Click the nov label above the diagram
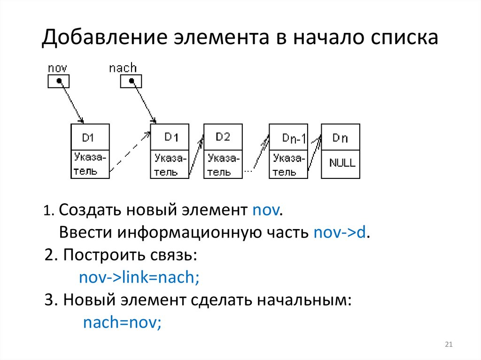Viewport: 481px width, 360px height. click(x=58, y=69)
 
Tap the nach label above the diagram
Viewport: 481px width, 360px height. click(x=123, y=68)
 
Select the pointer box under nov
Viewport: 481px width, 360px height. click(x=59, y=82)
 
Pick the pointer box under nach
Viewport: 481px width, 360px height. click(x=131, y=82)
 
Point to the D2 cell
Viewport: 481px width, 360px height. click(x=223, y=137)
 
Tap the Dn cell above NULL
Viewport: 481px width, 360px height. click(x=341, y=138)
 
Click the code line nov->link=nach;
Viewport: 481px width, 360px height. click(x=140, y=277)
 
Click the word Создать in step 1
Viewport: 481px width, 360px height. click(x=89, y=210)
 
